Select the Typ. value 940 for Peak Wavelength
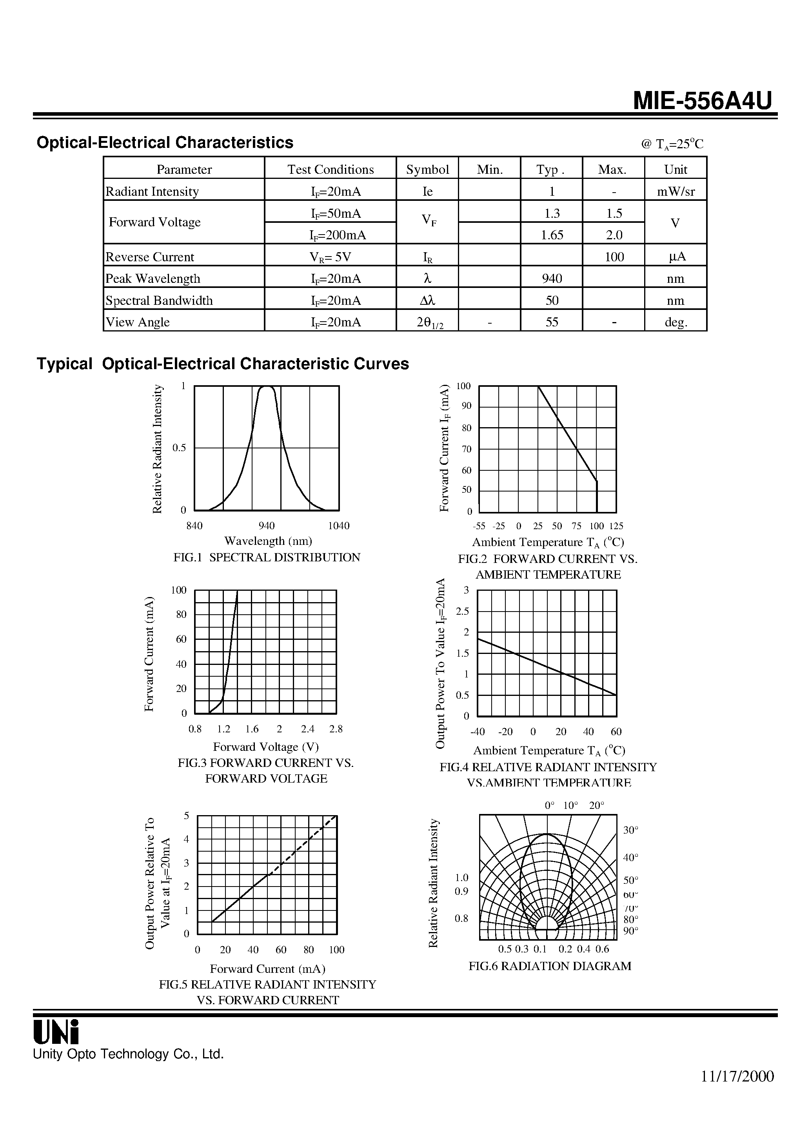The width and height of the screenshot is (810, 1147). point(551,278)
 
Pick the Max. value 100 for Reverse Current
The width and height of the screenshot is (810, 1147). point(614,257)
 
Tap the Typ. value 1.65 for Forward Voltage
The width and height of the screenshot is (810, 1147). point(552,235)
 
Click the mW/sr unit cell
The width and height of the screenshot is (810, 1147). point(676,191)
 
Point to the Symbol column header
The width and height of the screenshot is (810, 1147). point(427,169)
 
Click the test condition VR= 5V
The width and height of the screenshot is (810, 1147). point(330,257)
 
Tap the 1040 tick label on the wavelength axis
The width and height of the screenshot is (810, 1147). point(339,526)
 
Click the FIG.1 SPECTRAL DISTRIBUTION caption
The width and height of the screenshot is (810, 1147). point(267,557)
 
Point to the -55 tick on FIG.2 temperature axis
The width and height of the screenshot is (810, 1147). point(479,526)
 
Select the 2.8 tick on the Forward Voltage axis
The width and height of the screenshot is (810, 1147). point(336,729)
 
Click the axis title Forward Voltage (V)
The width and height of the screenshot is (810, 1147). point(266,747)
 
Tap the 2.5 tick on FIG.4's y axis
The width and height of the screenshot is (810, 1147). point(462,611)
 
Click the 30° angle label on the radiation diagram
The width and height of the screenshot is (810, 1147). point(631,830)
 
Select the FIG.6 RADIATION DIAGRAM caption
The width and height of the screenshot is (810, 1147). point(549,966)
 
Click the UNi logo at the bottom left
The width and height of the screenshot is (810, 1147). point(56,1032)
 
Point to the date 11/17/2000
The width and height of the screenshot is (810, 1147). point(737,1076)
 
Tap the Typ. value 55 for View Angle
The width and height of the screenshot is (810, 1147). point(551,322)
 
